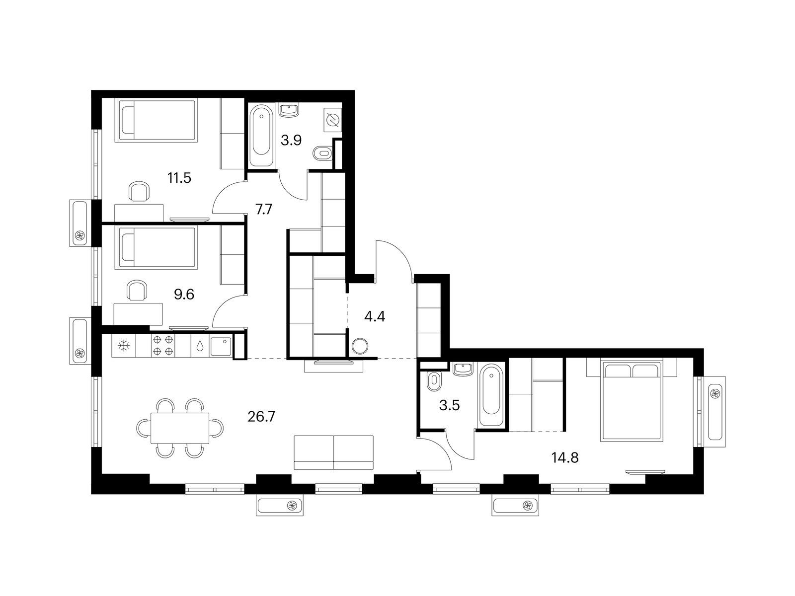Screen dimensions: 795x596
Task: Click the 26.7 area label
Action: point(261,417)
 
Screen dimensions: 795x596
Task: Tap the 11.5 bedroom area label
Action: point(179,178)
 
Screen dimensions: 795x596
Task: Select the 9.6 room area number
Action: point(184,295)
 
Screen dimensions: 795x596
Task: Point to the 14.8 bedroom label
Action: point(564,458)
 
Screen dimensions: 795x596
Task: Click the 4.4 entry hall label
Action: point(375,317)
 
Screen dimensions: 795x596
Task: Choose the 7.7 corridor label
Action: point(264,210)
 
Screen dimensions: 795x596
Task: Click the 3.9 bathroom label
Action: point(291,140)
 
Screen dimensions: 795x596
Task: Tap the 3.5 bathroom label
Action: point(450,406)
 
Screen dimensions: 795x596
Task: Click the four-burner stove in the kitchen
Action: point(162,345)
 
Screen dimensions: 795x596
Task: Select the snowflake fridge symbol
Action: point(124,346)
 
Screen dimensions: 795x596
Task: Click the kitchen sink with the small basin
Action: point(221,346)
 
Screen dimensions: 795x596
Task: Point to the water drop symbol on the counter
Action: point(200,346)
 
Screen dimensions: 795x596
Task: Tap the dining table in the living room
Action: point(180,428)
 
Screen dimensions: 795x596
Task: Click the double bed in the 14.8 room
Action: point(632,400)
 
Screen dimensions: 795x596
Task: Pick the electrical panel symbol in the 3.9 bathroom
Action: point(332,120)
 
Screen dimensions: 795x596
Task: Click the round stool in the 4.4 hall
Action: point(360,346)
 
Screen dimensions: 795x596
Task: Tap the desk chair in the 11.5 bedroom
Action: point(139,191)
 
